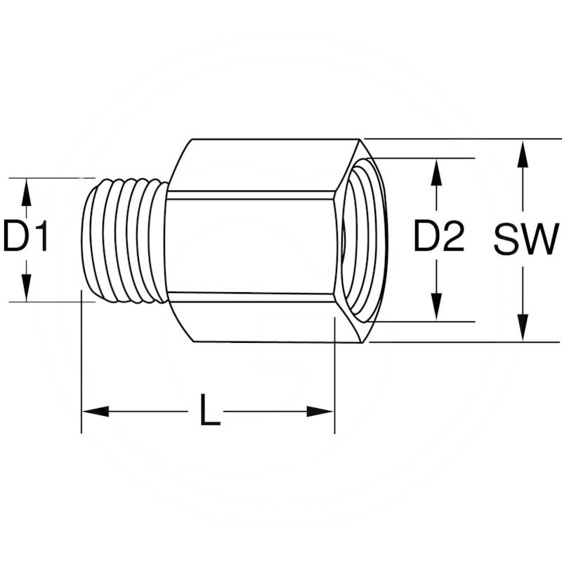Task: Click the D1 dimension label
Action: tap(26, 237)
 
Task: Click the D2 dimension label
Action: tap(438, 237)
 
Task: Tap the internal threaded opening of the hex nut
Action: tap(362, 240)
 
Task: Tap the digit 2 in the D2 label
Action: tap(453, 237)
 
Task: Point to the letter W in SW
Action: tap(540, 240)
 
